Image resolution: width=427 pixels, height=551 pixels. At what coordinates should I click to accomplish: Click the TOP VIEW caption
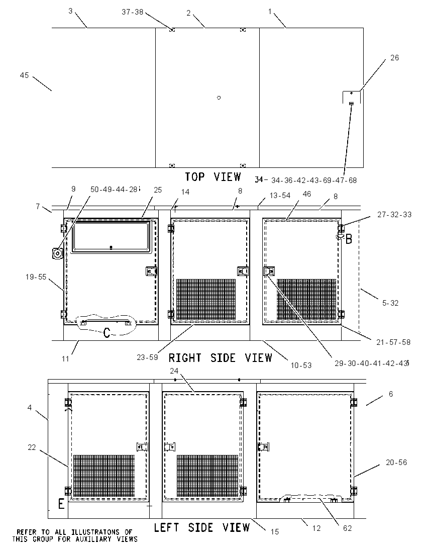click(x=213, y=176)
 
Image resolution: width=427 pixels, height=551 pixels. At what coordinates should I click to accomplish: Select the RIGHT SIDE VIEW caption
click(x=221, y=358)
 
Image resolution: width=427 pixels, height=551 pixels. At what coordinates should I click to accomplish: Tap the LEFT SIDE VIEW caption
click(x=202, y=527)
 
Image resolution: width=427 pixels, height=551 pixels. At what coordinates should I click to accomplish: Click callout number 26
click(x=395, y=58)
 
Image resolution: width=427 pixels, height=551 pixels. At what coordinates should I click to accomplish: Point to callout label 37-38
click(x=133, y=12)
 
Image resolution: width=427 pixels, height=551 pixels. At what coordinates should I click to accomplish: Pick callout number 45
click(x=24, y=75)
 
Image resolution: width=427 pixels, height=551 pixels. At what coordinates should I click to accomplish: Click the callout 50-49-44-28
click(x=114, y=190)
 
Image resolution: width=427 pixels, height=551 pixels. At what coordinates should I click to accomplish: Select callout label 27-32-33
click(x=394, y=214)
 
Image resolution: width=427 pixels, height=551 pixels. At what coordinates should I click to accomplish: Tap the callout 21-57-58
click(x=393, y=342)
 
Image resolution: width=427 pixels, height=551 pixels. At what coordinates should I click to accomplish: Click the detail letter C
click(x=106, y=332)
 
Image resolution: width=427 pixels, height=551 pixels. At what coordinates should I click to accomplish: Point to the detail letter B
click(x=349, y=239)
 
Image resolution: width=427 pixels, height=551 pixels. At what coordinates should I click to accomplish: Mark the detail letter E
click(x=61, y=504)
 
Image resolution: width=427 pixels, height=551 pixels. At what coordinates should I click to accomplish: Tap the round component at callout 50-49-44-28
click(x=57, y=253)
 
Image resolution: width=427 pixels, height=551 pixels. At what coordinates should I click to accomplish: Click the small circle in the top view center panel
click(x=219, y=98)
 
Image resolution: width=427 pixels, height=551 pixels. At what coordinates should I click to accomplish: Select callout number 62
click(x=347, y=528)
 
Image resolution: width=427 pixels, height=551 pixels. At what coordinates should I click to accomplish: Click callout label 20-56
click(x=396, y=463)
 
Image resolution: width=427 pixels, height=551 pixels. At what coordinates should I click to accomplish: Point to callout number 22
click(x=32, y=447)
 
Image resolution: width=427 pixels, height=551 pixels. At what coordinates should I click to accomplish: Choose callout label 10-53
click(x=301, y=365)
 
